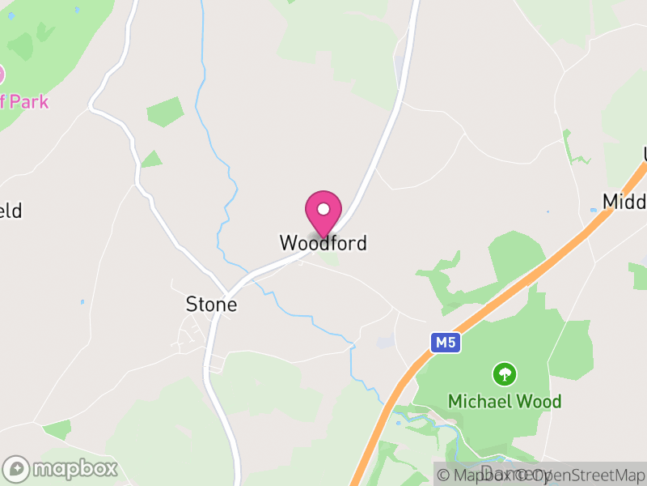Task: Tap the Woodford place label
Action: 323,243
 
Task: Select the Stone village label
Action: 212,305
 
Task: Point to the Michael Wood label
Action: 505,402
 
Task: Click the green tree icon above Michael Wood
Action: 505,374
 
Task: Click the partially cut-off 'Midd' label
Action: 624,202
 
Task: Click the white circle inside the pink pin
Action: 323,209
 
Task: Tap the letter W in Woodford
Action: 287,243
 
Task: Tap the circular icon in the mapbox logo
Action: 17,469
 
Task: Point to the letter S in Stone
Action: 192,305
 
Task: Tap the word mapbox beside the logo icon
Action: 75,468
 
